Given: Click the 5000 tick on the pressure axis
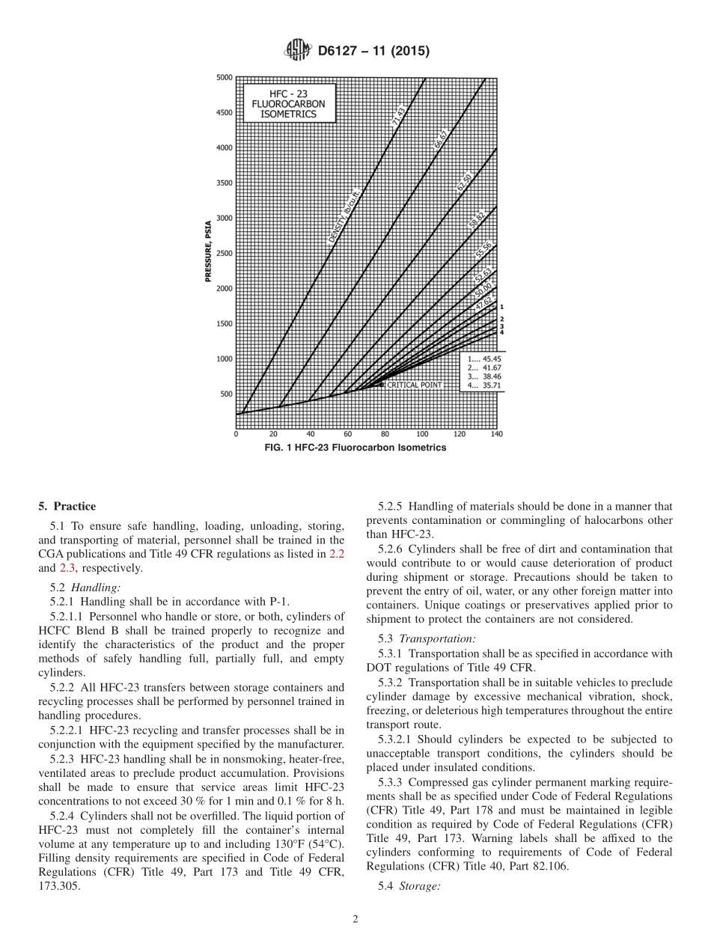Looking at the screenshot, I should [224, 78].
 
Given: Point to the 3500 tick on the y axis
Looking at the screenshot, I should [224, 183].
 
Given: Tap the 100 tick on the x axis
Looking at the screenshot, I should [423, 434].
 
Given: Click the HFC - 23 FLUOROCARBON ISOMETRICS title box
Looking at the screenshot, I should [288, 103].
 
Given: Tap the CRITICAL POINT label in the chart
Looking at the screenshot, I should [414, 385].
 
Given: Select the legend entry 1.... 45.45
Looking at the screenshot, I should [483, 360].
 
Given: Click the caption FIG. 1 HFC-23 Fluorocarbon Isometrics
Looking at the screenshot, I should [355, 448].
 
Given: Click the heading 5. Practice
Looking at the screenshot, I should [67, 507].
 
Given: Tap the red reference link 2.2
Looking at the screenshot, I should [337, 555].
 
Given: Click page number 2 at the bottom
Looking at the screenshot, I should [355, 920].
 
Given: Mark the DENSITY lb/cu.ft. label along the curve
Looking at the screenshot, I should [345, 217].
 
